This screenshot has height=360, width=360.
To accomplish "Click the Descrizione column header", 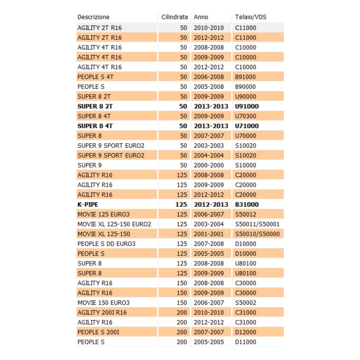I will [x=93, y=17].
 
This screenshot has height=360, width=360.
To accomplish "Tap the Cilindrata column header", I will [x=174, y=17].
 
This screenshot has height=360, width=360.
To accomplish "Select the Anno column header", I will [x=201, y=17].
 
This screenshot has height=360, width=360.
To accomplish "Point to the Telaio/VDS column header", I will [x=251, y=17].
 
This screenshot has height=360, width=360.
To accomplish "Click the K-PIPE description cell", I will [x=88, y=205].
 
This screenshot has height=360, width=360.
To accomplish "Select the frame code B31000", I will [x=247, y=205].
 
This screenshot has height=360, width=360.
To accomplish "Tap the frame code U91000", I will [x=247, y=106].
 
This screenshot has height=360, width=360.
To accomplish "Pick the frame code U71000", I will [x=247, y=126].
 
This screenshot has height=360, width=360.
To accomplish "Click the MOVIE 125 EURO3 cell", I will [x=103, y=214].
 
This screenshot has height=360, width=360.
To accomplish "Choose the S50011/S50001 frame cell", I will [x=257, y=224].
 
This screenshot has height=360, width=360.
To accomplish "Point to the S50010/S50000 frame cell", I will [x=257, y=234].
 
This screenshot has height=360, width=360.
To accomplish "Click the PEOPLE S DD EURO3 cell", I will [x=106, y=244].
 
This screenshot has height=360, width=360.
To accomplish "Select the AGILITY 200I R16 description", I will [x=102, y=313].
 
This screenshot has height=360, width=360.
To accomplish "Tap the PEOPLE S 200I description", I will [x=98, y=332].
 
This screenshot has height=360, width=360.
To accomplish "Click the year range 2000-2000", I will [x=209, y=165].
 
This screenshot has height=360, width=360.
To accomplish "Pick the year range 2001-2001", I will [x=209, y=234].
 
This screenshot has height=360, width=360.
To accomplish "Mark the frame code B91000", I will [x=245, y=77].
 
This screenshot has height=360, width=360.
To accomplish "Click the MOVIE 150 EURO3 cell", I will [x=103, y=303].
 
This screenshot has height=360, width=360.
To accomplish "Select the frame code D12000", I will [x=245, y=332].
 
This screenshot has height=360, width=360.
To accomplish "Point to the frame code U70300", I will [x=245, y=116].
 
